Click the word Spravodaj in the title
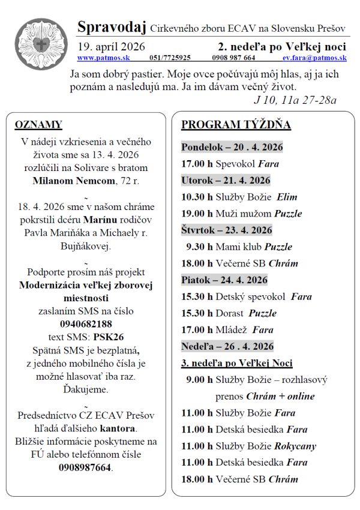112,27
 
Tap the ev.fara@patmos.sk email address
314,58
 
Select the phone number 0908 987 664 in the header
233,58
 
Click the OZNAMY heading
38,125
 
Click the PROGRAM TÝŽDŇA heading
236,125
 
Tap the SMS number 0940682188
86,324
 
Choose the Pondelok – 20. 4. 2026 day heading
232,147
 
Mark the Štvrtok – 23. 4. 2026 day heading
226,230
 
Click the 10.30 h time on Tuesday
197,197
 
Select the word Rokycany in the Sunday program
295,446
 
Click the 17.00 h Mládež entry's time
197,329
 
